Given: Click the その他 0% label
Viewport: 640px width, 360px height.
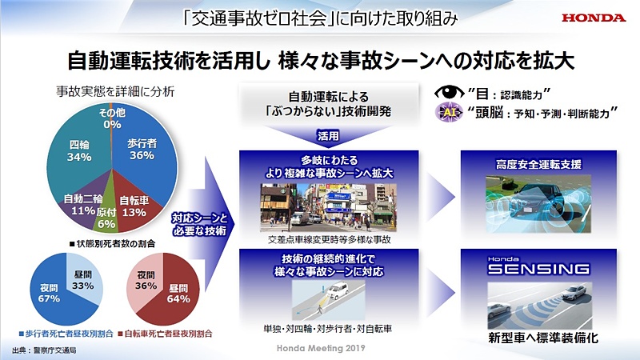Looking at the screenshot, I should click(111, 118).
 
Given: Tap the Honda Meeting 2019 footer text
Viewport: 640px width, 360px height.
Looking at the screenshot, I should click(319, 350).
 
